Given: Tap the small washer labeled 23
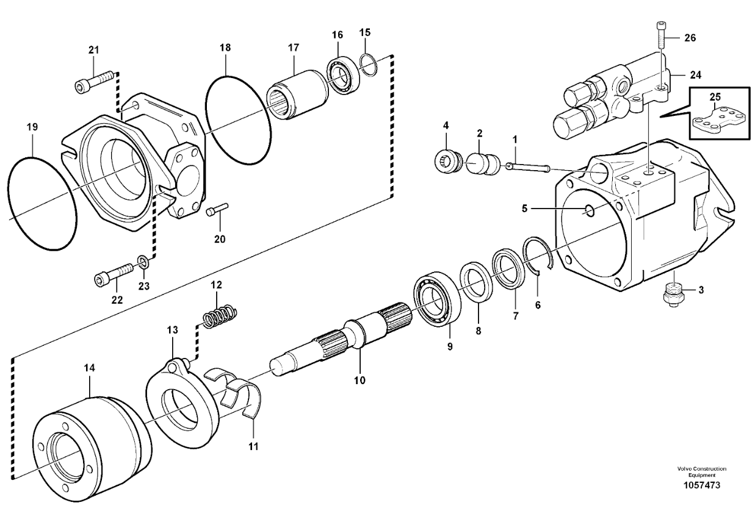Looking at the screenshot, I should click(142, 263).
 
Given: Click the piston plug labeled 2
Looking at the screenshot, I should click(480, 165).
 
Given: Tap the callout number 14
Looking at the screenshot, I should click(90, 369).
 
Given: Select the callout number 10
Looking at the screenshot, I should click(359, 380).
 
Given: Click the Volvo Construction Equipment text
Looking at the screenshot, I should click(701, 471).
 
